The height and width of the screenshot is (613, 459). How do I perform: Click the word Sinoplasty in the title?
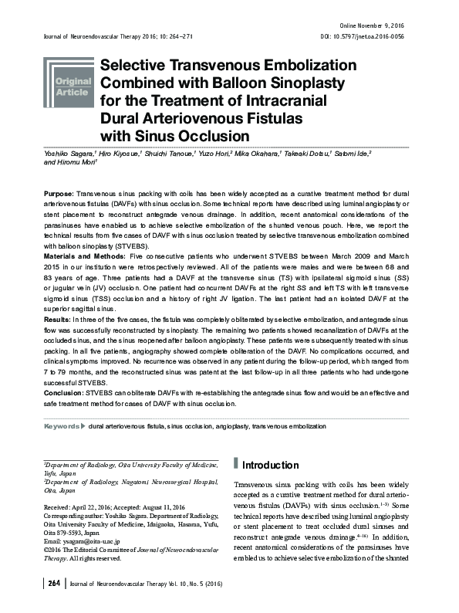coord(293,83)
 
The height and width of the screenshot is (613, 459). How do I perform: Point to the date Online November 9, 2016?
coord(370,26)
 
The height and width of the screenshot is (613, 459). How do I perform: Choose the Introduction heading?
coord(270,466)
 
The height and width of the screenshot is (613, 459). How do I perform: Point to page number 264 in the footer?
coord(54,583)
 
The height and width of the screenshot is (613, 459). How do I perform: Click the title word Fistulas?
coord(267,118)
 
